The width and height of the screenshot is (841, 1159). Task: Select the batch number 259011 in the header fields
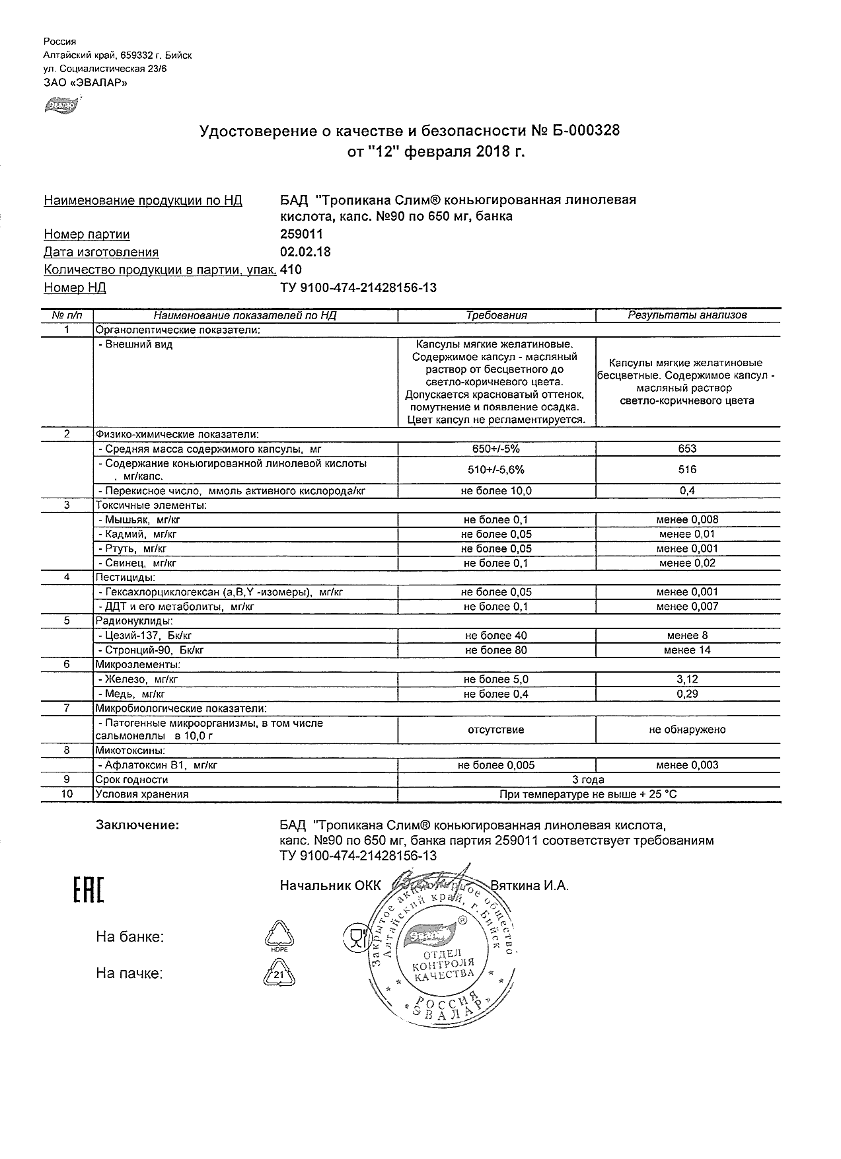point(302,234)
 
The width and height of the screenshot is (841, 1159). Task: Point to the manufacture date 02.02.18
point(305,252)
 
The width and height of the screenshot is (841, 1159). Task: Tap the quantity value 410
point(291,270)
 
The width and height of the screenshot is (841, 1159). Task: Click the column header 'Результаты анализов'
point(687,315)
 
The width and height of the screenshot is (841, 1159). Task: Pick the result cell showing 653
point(687,449)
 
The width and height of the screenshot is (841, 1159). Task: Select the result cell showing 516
point(687,470)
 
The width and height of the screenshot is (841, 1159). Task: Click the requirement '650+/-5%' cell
point(496,449)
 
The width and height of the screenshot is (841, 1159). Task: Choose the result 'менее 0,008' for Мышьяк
point(687,520)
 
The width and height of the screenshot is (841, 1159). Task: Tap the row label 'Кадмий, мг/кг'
point(137,535)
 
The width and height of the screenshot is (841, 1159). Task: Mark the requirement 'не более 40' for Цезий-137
point(496,636)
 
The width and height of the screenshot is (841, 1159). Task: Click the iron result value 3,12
point(687,679)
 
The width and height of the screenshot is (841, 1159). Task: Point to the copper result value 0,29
point(687,694)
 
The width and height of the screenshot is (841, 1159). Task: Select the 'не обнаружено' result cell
point(687,729)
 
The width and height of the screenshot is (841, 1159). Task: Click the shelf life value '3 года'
point(588,780)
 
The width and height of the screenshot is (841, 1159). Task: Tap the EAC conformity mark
point(87,889)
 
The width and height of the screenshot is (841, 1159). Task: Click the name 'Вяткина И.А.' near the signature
point(529,885)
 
